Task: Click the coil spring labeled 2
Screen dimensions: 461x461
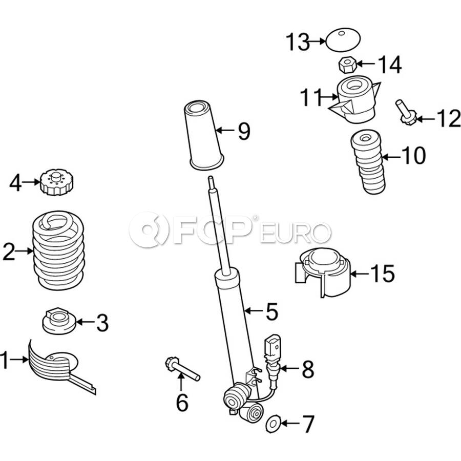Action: (x=59, y=250)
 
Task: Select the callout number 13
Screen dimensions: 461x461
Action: (x=298, y=42)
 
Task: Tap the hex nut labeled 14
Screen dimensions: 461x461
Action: (x=348, y=65)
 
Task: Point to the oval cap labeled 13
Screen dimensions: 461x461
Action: (x=343, y=40)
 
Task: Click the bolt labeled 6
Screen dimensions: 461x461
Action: (x=182, y=368)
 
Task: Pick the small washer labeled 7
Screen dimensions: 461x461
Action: (x=273, y=424)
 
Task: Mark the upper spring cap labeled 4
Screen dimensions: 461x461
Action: (x=56, y=182)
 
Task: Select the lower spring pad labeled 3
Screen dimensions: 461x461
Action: (x=59, y=321)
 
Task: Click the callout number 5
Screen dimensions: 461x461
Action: (x=271, y=311)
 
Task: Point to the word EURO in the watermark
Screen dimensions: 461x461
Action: (x=295, y=233)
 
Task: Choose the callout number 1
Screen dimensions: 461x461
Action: (x=5, y=360)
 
